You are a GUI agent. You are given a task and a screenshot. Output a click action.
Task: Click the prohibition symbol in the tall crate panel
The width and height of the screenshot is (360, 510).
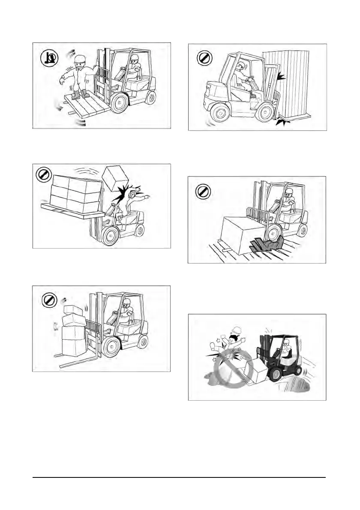pos(204,59)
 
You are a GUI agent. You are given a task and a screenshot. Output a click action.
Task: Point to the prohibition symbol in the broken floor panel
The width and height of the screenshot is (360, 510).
pos(203,191)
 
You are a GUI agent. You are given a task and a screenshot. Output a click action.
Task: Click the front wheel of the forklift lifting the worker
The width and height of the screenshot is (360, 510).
pos(120,103)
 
